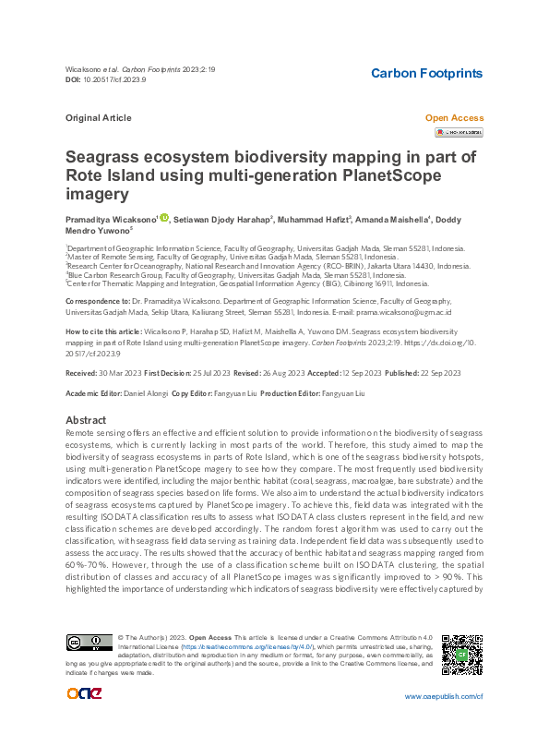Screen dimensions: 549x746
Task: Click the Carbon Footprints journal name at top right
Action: point(425,73)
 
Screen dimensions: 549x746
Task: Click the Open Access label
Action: point(453,118)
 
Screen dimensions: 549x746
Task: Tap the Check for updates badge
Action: point(459,133)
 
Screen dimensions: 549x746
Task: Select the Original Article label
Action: point(99,118)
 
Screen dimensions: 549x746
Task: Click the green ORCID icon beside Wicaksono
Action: point(164,218)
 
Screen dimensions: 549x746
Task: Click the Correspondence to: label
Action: point(95,302)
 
